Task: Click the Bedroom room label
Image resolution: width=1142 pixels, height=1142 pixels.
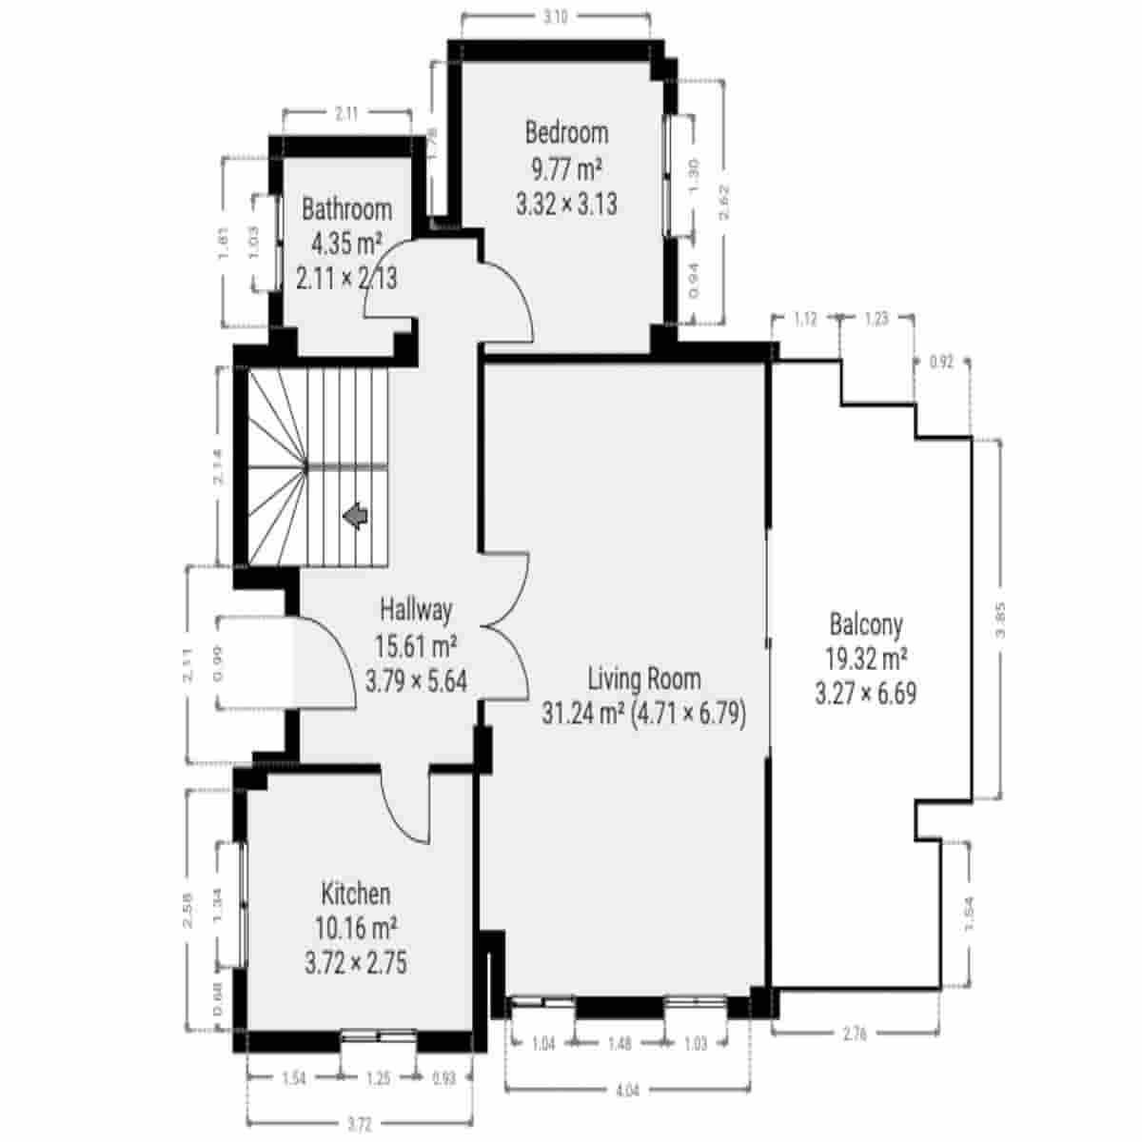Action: tap(566, 132)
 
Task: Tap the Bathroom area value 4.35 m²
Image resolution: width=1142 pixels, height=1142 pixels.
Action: tap(346, 244)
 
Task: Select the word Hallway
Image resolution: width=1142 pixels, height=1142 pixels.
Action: tap(416, 609)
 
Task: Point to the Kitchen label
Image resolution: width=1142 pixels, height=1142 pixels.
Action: tap(355, 895)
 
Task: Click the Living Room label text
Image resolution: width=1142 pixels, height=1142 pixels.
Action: tap(644, 679)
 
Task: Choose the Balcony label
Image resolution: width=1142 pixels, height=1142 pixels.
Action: tap(866, 625)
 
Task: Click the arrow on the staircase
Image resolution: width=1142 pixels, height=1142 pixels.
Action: tap(356, 517)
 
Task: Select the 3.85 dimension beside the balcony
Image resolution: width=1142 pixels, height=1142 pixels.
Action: tap(1000, 621)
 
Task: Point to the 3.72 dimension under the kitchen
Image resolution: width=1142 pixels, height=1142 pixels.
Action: tap(359, 1125)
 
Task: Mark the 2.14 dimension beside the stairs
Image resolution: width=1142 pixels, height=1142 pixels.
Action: tap(219, 467)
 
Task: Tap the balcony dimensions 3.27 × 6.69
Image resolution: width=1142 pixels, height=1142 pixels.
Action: tap(865, 694)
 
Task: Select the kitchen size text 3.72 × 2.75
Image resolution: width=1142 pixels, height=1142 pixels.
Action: tap(355, 963)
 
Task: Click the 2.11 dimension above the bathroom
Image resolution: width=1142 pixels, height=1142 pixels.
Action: tap(346, 113)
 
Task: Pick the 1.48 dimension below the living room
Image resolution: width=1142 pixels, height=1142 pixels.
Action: tap(619, 1044)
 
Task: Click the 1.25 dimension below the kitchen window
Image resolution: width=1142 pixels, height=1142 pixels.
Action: tap(378, 1078)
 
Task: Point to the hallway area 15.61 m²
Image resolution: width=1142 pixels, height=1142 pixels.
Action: tap(416, 646)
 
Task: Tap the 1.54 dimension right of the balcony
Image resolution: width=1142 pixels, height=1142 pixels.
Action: tap(970, 916)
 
